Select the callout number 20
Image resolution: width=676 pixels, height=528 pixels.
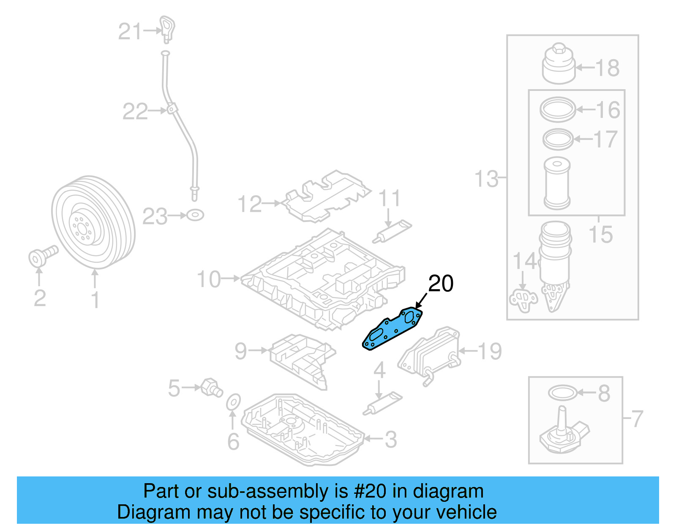pos(441,283)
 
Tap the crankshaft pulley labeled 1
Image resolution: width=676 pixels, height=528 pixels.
pos(94,222)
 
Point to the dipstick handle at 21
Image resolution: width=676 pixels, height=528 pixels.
pos(167,29)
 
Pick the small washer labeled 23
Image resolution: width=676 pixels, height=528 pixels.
pos(195,215)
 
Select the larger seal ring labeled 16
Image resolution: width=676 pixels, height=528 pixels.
pos(558,109)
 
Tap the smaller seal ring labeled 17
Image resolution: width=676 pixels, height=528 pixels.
pos(558,139)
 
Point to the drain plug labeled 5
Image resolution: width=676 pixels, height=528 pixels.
pos(211,387)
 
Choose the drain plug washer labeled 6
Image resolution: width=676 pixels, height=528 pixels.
pos(233,402)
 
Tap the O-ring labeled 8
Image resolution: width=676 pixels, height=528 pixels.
pos(562,393)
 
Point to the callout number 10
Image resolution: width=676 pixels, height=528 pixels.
pos(209,279)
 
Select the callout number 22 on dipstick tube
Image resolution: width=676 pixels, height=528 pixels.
pos(135,112)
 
